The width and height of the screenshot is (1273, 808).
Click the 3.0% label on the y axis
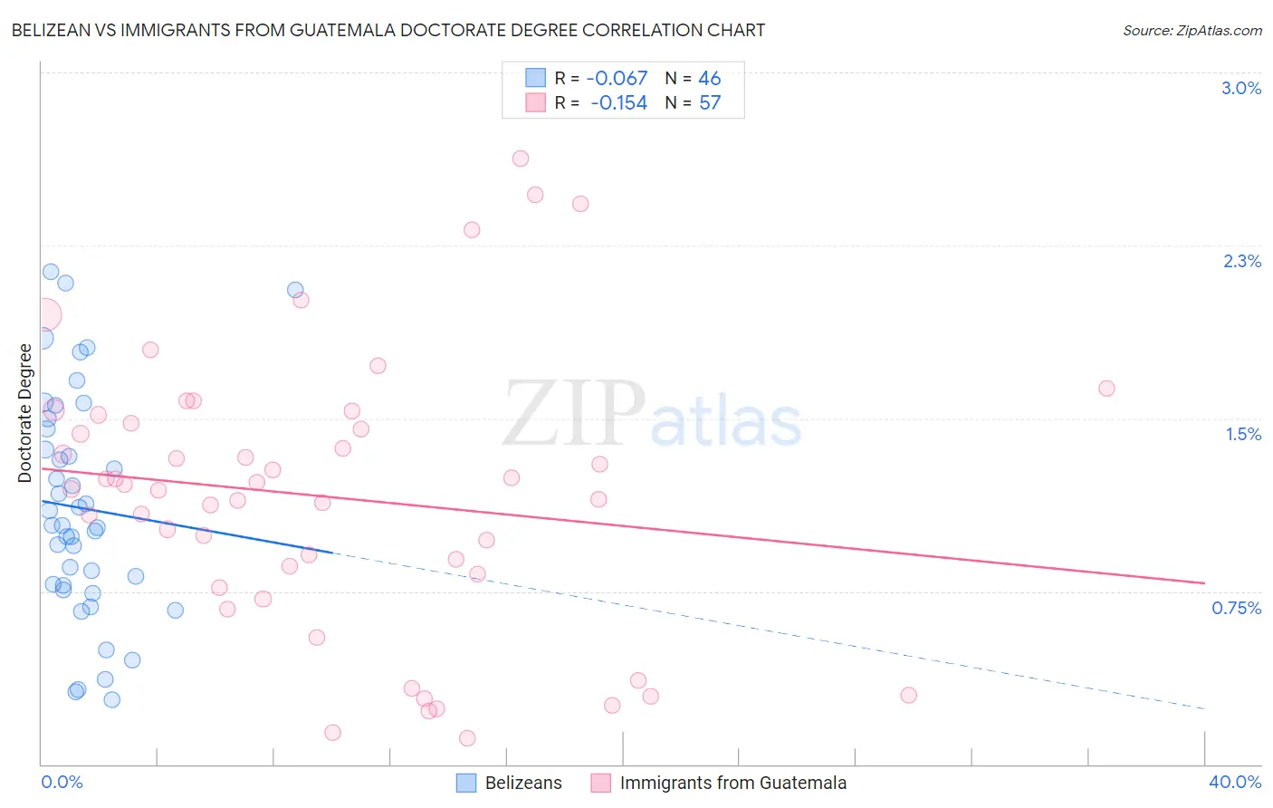tap(1240, 88)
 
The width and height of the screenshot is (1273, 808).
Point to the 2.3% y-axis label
tap(1241, 261)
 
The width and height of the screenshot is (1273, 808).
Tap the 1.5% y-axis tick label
tap(1243, 434)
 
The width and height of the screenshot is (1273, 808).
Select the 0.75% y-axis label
tap(1236, 608)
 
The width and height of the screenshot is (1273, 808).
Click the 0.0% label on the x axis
tap(62, 782)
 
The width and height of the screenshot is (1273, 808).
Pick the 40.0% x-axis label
tap(1234, 782)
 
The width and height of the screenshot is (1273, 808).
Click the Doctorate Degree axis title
tap(24, 413)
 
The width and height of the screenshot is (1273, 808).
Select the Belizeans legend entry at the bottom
tap(522, 783)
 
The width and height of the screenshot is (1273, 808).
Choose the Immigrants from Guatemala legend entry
tap(732, 783)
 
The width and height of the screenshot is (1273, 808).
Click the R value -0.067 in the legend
tap(617, 78)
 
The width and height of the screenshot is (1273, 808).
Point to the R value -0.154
tap(618, 103)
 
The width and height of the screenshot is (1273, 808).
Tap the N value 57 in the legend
tap(710, 103)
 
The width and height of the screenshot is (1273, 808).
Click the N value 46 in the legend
tap(710, 78)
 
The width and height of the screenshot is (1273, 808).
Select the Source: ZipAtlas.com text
tap(1192, 30)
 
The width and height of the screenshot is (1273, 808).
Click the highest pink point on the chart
tap(521, 159)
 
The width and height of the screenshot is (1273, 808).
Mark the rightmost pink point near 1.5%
tap(1106, 389)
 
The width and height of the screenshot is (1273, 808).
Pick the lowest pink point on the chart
tap(467, 738)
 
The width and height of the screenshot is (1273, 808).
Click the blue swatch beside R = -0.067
tap(536, 78)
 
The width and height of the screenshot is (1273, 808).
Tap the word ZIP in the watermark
tap(572, 413)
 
